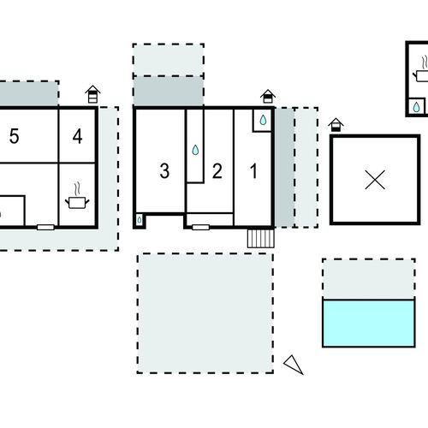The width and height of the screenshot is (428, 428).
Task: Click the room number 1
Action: coord(253,171)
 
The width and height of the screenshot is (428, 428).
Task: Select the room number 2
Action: coord(217,171)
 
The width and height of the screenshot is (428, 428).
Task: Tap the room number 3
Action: coord(164,171)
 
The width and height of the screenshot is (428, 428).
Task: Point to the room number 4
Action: coord(78,136)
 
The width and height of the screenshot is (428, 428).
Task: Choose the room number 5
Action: coord(15,136)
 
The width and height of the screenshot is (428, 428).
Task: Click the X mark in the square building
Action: coord(375,180)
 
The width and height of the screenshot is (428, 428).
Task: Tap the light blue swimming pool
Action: coord(369,323)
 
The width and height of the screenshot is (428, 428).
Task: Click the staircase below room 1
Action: coord(261,239)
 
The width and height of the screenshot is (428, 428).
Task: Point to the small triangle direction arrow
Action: coord(294,365)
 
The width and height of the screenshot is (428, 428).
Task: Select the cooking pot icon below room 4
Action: coord(77,198)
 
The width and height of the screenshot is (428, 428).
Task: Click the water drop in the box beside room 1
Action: coord(263,120)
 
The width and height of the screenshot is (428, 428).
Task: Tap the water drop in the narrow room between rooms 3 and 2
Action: coord(195,150)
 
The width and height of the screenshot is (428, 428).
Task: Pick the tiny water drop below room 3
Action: coord(140,220)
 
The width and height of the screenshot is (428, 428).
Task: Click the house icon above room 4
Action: coord(92,94)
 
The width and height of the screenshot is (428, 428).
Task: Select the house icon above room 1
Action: coord(268,97)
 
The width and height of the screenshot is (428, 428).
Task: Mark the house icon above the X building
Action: coord(336,125)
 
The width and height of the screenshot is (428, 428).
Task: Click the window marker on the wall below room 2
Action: coord(200,227)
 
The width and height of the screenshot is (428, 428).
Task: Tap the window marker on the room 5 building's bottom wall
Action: coord(45,227)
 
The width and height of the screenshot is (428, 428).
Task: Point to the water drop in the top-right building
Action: coord(416,107)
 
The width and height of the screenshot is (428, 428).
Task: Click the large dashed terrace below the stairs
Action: coord(205,313)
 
